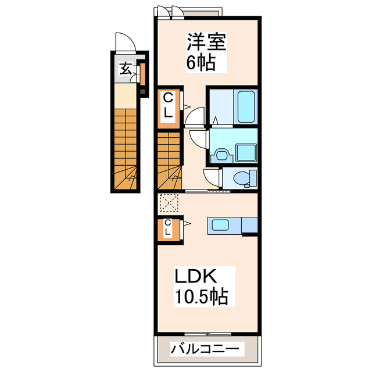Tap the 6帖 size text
point(201,62)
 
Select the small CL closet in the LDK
point(168,228)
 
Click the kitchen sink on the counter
point(222,225)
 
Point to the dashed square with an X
point(167,203)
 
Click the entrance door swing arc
point(124,43)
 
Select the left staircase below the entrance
point(126,149)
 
